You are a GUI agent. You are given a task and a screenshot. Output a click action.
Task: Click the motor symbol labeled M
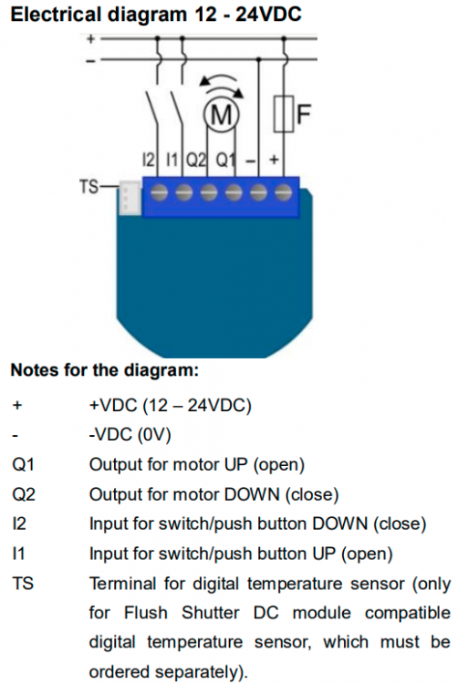click(221, 115)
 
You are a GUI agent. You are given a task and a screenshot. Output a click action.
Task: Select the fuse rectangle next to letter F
click(284, 114)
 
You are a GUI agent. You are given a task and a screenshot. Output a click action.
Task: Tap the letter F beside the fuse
click(304, 113)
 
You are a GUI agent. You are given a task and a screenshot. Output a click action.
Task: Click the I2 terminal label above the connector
click(149, 161)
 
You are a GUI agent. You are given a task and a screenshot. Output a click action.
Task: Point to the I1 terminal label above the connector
click(172, 161)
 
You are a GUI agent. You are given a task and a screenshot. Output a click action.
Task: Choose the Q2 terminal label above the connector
click(196, 161)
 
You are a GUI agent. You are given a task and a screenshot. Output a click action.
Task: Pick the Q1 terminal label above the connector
click(226, 161)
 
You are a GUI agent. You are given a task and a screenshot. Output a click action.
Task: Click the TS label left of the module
click(89, 187)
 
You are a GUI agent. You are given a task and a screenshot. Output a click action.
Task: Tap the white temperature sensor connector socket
click(130, 199)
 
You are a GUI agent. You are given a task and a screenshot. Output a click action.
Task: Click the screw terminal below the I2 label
click(160, 192)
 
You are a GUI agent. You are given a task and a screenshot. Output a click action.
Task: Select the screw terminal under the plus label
click(284, 192)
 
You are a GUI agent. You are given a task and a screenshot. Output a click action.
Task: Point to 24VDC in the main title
click(268, 15)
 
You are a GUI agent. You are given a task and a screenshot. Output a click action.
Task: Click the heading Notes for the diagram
click(105, 370)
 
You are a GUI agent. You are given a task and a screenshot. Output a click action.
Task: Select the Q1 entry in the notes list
click(23, 465)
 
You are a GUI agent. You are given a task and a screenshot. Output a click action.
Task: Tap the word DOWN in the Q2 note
click(252, 494)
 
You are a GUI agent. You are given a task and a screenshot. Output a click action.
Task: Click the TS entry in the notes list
click(23, 584)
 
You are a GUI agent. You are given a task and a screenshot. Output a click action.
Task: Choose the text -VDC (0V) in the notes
click(130, 435)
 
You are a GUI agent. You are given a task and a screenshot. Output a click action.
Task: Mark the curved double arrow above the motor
click(222, 86)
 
